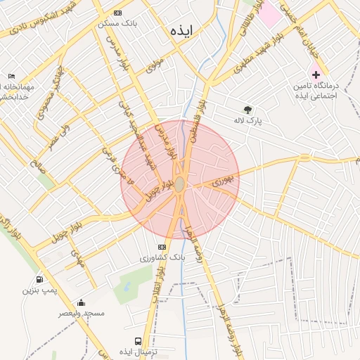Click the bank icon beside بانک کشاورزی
162,247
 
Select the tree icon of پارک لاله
247,109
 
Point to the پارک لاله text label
248,120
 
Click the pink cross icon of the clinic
316,74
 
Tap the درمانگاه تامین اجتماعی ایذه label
316,89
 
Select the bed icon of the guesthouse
11,76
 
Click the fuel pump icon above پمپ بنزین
37,279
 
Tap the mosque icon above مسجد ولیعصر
81,302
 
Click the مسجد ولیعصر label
82,312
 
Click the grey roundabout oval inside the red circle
180,184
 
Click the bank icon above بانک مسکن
117,13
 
